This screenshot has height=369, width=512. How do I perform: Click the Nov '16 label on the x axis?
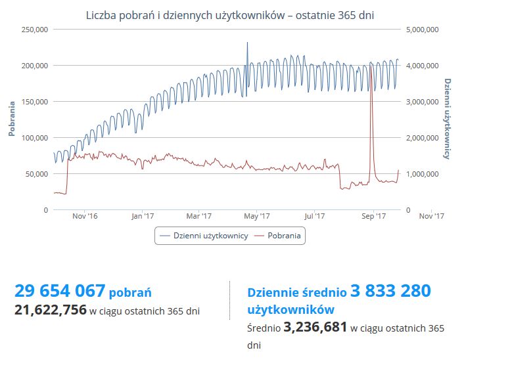click(x=85, y=215)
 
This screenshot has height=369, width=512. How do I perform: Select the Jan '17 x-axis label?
click(x=142, y=215)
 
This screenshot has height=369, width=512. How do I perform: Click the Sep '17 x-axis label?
click(x=373, y=215)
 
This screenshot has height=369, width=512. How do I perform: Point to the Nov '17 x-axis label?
click(x=431, y=215)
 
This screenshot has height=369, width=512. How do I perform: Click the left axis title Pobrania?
click(x=12, y=119)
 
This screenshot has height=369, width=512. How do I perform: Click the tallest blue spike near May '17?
click(x=247, y=43)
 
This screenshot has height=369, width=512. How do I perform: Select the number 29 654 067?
click(x=60, y=291)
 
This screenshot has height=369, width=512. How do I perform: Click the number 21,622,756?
click(x=51, y=310)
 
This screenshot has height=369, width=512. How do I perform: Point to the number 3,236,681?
click(x=315, y=327)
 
